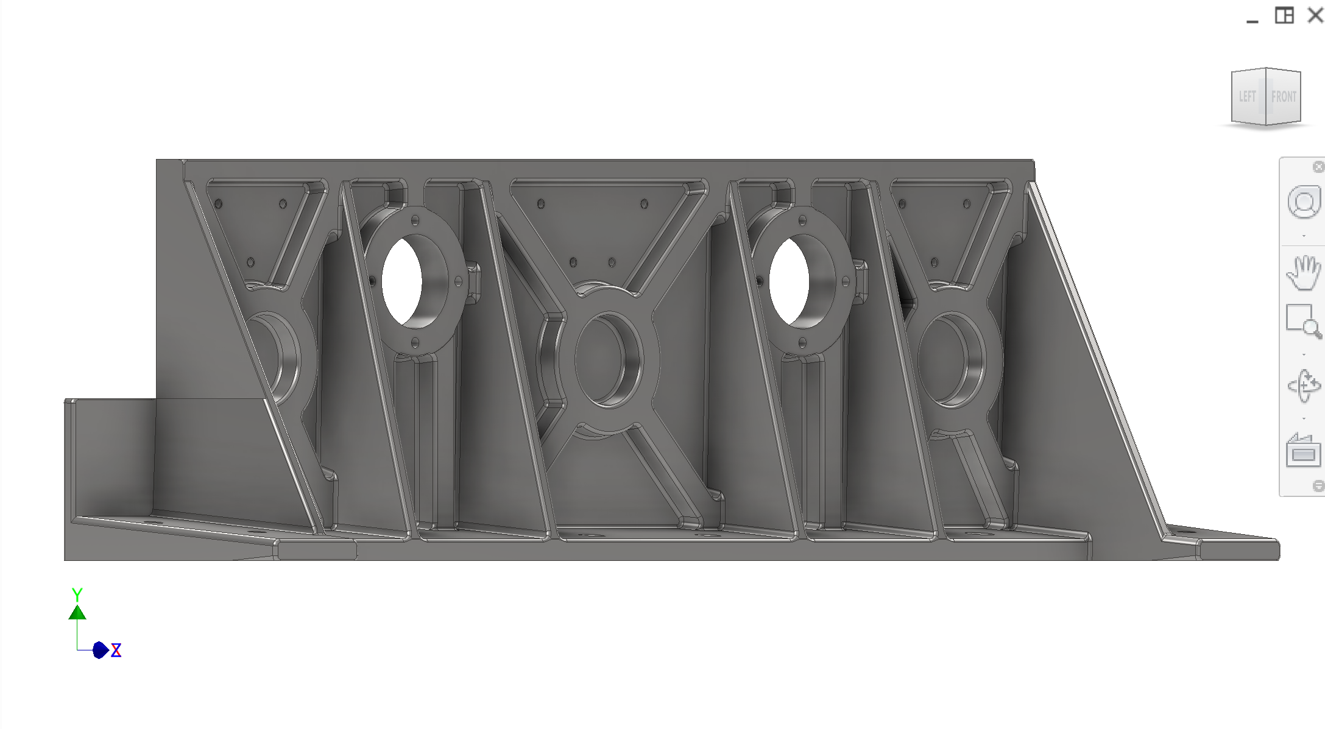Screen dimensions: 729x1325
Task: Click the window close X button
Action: click(x=1315, y=15)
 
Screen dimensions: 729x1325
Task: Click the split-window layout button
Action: click(x=1284, y=15)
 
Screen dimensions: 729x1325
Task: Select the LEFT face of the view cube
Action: click(x=1247, y=96)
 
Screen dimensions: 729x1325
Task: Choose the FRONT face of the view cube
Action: click(x=1284, y=96)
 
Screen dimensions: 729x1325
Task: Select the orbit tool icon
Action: click(x=1304, y=386)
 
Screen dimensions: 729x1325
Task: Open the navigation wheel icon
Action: click(x=1304, y=203)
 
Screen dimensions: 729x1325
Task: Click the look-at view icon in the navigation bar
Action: click(x=1304, y=451)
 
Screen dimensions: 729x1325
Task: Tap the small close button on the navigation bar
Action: click(x=1318, y=167)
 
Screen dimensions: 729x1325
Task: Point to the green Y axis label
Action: click(x=77, y=594)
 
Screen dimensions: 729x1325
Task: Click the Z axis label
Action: click(x=116, y=650)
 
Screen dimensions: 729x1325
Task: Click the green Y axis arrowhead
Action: click(x=77, y=612)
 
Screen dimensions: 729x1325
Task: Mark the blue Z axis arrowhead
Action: click(x=101, y=650)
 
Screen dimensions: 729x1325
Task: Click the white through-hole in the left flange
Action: click(x=401, y=281)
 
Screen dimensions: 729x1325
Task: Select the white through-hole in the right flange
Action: click(x=789, y=281)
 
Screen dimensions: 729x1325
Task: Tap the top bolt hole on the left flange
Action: click(x=415, y=220)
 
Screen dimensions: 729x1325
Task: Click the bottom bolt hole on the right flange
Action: click(x=802, y=343)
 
